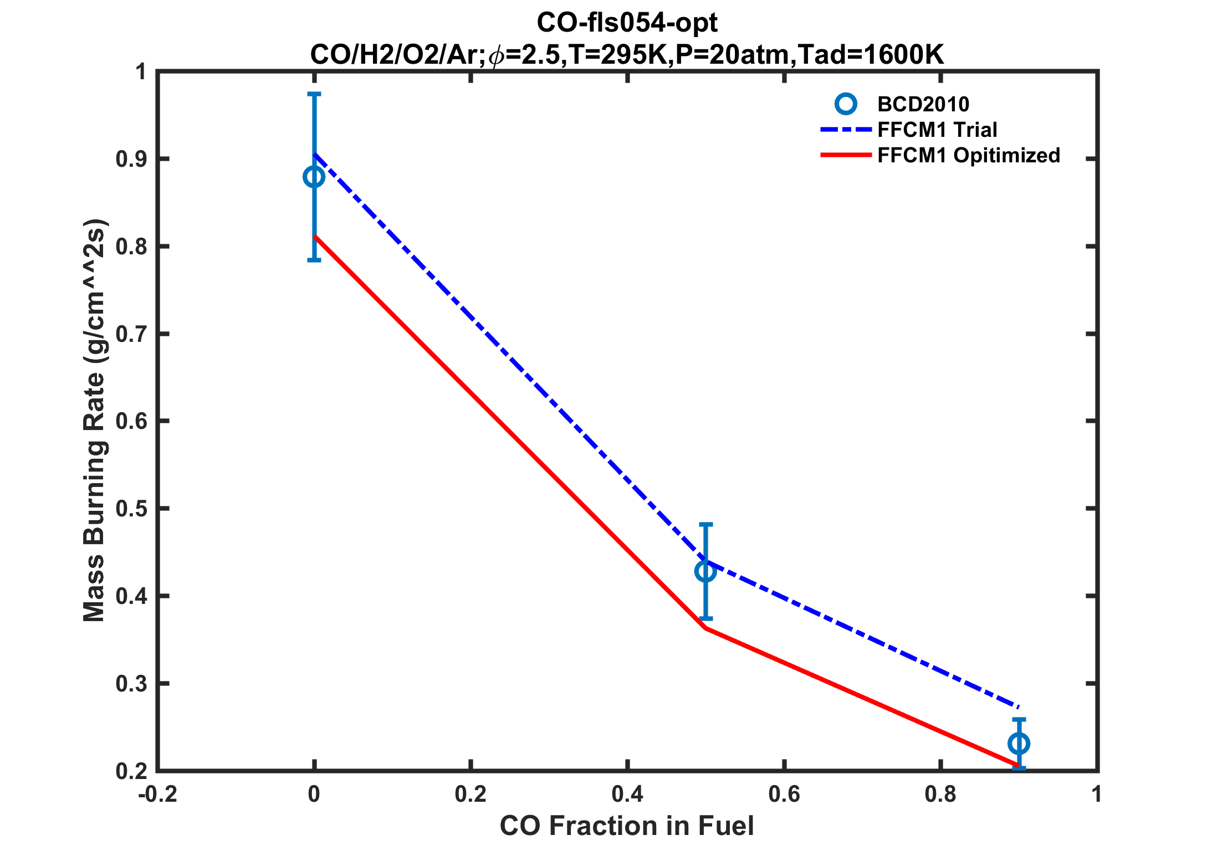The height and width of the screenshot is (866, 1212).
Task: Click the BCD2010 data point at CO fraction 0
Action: pos(314,177)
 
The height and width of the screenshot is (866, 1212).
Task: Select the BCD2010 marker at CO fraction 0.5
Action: pos(705,571)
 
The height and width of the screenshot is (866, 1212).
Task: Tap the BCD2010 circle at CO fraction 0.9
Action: pos(1019,744)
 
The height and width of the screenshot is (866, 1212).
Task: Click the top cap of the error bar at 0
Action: pos(314,94)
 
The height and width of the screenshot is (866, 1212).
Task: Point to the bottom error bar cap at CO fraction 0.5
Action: pos(705,618)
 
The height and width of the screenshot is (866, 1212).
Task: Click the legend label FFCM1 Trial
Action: pos(937,130)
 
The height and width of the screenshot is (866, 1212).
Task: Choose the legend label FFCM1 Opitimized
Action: pos(969,155)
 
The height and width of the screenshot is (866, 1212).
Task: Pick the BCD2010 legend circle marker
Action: pos(846,104)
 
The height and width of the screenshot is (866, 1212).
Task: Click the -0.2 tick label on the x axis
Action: pos(158,795)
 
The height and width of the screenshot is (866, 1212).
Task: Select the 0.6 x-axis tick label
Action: pos(784,795)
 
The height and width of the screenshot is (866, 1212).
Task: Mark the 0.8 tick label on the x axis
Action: pos(940,795)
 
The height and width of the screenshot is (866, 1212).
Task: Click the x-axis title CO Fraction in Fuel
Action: pos(627,826)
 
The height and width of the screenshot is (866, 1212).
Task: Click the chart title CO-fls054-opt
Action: pos(627,23)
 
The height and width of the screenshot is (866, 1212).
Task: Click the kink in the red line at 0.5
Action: pos(705,628)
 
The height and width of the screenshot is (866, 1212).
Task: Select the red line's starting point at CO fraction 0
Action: pos(315,237)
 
